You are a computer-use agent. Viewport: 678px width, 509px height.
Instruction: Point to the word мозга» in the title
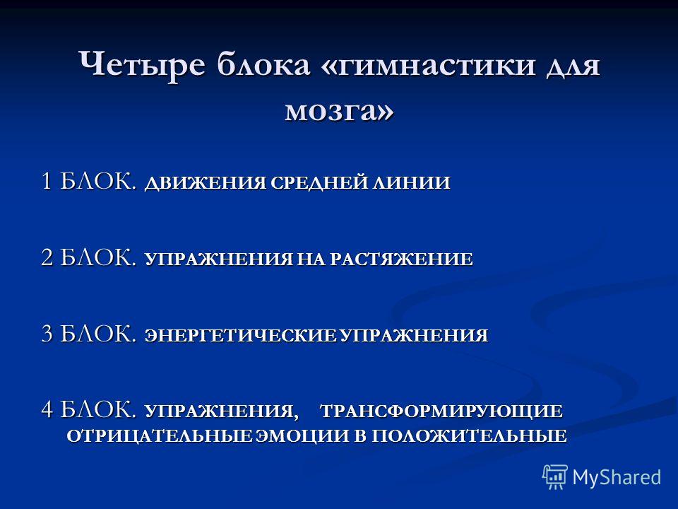(x=340, y=111)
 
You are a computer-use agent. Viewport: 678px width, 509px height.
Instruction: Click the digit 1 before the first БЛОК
(x=47, y=180)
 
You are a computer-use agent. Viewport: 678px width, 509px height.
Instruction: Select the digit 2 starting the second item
(x=47, y=257)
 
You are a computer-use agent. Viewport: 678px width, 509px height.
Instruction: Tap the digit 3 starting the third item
(x=47, y=334)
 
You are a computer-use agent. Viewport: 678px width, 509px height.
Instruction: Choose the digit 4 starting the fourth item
(x=47, y=409)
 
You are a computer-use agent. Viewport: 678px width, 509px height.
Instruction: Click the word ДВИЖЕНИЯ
(x=205, y=183)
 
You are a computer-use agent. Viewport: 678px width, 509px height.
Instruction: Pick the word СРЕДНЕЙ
(x=319, y=182)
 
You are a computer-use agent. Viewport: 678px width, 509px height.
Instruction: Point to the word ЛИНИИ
(x=412, y=182)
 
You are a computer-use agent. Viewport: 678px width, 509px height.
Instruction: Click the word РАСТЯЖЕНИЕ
(x=401, y=259)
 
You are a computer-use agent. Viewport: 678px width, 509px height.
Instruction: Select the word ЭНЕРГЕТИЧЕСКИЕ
(x=240, y=336)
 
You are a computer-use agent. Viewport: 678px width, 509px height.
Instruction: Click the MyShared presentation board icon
(x=556, y=477)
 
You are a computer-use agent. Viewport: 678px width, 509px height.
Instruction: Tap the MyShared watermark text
(x=617, y=478)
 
